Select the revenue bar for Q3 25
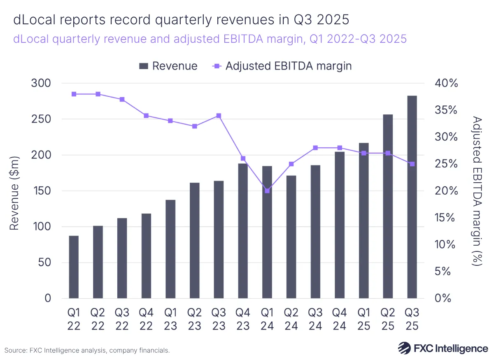(x=412, y=197)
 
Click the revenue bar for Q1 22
(x=74, y=267)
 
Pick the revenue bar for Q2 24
(x=291, y=237)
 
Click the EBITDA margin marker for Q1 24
(x=267, y=191)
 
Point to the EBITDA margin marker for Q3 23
(x=219, y=116)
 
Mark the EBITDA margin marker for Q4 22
(x=146, y=116)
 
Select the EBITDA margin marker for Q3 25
(x=412, y=164)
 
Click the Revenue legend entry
(x=168, y=66)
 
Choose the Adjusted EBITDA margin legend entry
(x=282, y=66)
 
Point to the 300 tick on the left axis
(x=42, y=84)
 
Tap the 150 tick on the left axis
(x=42, y=191)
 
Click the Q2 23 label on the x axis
(x=195, y=319)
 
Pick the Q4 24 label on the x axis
(x=340, y=319)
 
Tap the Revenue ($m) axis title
(x=14, y=193)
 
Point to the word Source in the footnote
(x=16, y=351)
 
